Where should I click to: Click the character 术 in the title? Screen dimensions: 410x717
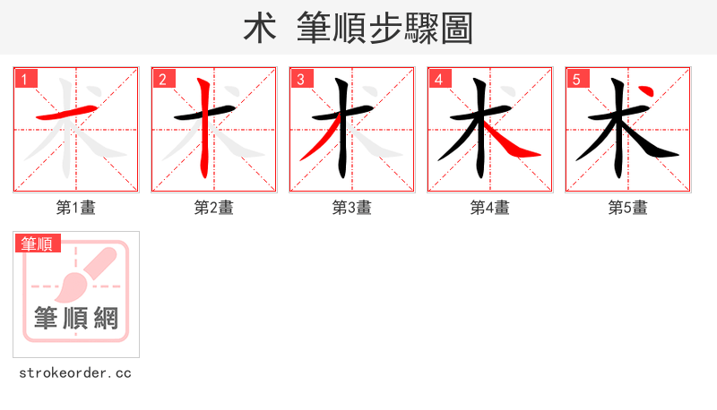click(259, 29)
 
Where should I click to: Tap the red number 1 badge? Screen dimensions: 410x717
click(25, 79)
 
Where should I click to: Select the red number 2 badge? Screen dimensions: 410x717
click(163, 79)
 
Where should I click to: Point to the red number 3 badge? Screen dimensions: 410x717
click(301, 79)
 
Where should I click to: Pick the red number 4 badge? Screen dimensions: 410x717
click(439, 79)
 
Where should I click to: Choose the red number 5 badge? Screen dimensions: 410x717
click(577, 79)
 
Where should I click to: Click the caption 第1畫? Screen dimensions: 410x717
click(76, 208)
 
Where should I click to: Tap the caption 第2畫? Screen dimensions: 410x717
click(214, 208)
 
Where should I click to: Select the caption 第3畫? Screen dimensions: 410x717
click(352, 208)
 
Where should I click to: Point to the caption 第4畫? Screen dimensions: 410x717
click(490, 208)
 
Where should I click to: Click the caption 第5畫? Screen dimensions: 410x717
click(628, 208)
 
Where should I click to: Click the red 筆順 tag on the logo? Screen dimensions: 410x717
click(37, 243)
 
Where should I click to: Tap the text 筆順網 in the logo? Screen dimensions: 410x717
click(76, 318)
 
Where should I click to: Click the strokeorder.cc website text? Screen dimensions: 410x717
click(75, 372)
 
